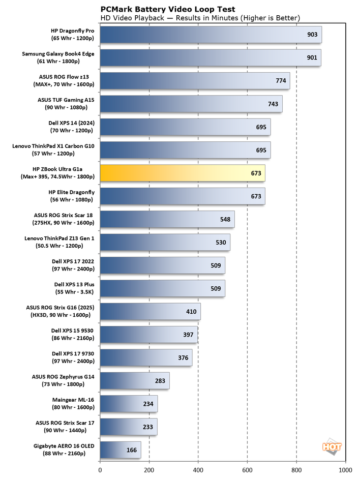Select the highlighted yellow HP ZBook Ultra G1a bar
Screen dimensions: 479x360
[x=182, y=173]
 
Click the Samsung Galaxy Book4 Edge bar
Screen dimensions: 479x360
[x=210, y=57]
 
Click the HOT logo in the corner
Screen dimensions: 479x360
[x=332, y=446]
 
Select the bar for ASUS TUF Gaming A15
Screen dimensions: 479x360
[x=191, y=104]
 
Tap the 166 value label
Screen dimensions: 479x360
[x=132, y=450]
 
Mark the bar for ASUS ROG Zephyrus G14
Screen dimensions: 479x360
[x=134, y=380]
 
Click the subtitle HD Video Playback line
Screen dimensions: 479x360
[x=200, y=18]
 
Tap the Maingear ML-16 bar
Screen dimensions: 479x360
[x=128, y=404]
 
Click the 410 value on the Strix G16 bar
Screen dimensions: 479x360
[x=192, y=311]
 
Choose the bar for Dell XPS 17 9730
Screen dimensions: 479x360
[x=145, y=357]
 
